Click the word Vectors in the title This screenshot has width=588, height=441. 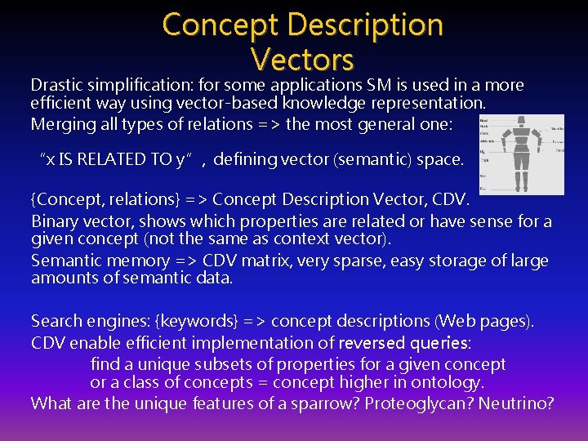coord(302,59)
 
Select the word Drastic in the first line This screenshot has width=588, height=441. coord(56,85)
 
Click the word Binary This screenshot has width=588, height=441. coord(55,221)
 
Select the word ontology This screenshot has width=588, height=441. coord(450,382)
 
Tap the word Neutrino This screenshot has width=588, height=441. coord(518,403)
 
